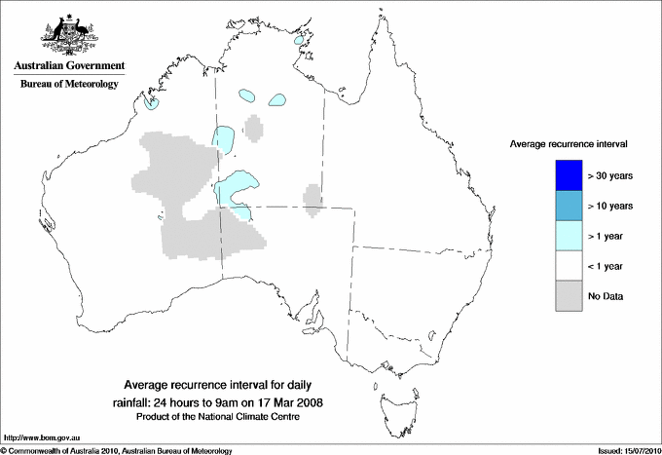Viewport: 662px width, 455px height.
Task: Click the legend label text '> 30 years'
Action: point(611,175)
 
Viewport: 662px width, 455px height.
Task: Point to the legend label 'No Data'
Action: point(606,296)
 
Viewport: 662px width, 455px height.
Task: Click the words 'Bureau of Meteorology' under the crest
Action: point(68,85)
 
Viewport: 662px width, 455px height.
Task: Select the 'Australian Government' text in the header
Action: point(68,65)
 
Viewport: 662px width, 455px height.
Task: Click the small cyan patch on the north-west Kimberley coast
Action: point(151,102)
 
